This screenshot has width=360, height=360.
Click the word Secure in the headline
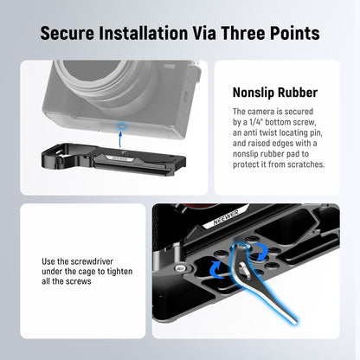67,33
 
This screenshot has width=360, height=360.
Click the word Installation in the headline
144,33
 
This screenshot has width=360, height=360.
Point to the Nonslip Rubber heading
275,93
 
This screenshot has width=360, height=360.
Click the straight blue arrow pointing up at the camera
120,139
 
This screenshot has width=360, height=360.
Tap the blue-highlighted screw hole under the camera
121,125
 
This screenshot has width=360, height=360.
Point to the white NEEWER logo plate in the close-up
225,217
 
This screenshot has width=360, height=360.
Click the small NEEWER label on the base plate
119,158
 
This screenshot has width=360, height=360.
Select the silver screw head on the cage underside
181,268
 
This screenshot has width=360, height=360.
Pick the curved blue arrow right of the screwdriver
261,250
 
